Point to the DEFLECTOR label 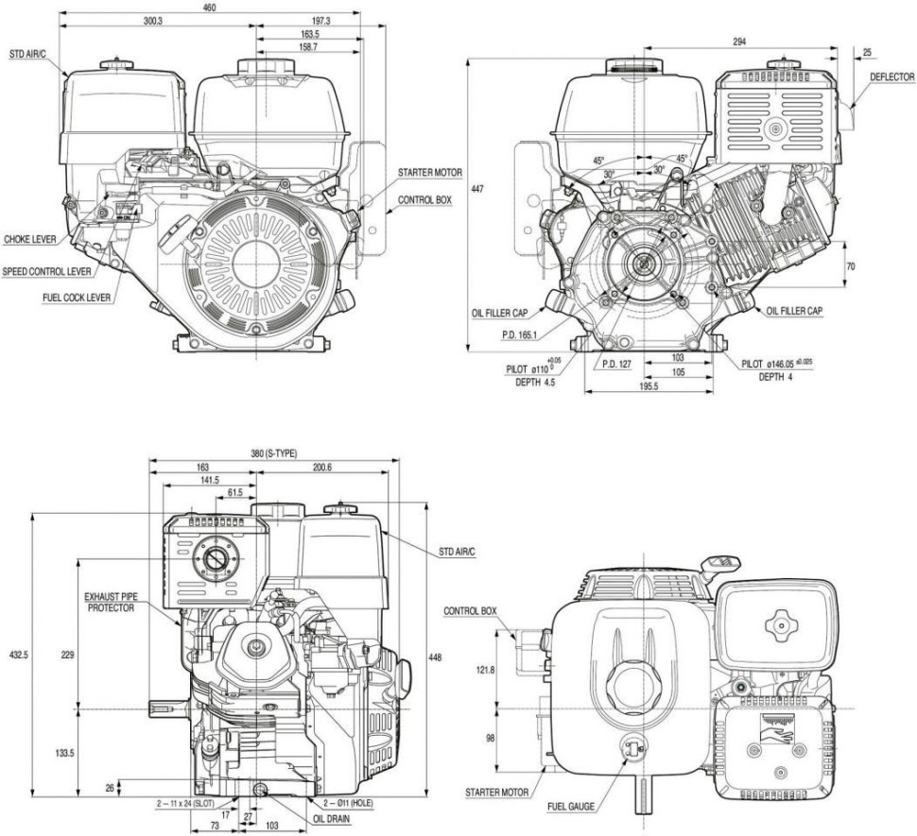coord(891,77)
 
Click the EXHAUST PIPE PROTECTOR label coord(110,602)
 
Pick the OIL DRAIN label coord(328,820)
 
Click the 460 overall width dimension coord(210,8)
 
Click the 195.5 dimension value coord(648,387)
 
